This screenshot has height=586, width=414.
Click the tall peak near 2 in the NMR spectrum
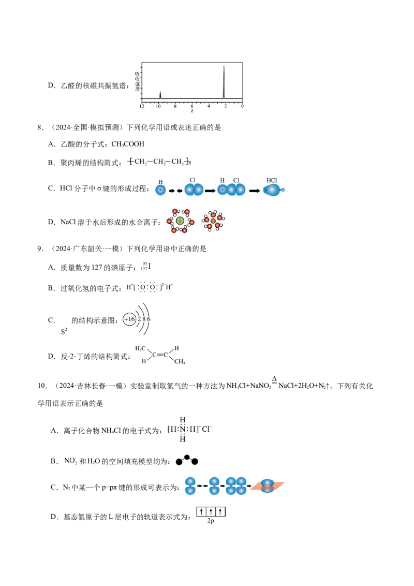(224, 82)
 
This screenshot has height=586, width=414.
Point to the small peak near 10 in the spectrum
(160, 95)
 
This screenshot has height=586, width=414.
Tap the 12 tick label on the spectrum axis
(142, 107)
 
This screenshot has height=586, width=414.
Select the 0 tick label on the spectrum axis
(242, 107)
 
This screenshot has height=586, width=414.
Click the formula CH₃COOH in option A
(128, 144)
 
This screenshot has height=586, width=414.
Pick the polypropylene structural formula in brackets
(159, 162)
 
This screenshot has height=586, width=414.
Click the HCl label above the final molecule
(272, 180)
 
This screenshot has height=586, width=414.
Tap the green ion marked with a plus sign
(180, 221)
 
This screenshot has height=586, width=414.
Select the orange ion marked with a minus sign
(213, 221)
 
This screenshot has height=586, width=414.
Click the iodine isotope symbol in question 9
(146, 267)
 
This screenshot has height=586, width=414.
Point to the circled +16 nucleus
(129, 319)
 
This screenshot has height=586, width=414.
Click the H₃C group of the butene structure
(140, 349)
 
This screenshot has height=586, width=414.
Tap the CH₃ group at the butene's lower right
(180, 361)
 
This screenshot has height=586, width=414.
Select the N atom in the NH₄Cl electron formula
(182, 429)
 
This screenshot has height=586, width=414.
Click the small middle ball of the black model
(187, 457)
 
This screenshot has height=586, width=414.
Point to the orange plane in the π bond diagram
(268, 486)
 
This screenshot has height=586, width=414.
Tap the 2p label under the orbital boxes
(210, 521)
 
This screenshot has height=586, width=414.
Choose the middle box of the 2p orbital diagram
(211, 511)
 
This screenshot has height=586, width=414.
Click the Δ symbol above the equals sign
(274, 379)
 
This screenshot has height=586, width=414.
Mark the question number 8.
(40, 127)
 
